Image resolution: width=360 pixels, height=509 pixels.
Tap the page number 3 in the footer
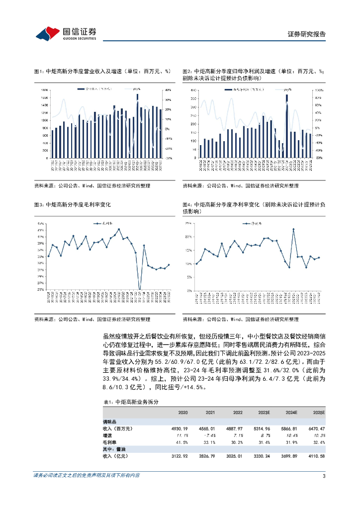(324, 476)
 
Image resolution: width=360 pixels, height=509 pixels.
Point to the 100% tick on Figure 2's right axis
(313, 90)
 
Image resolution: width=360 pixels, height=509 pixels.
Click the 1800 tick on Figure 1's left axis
(44, 90)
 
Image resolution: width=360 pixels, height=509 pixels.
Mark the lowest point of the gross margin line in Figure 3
(140, 289)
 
